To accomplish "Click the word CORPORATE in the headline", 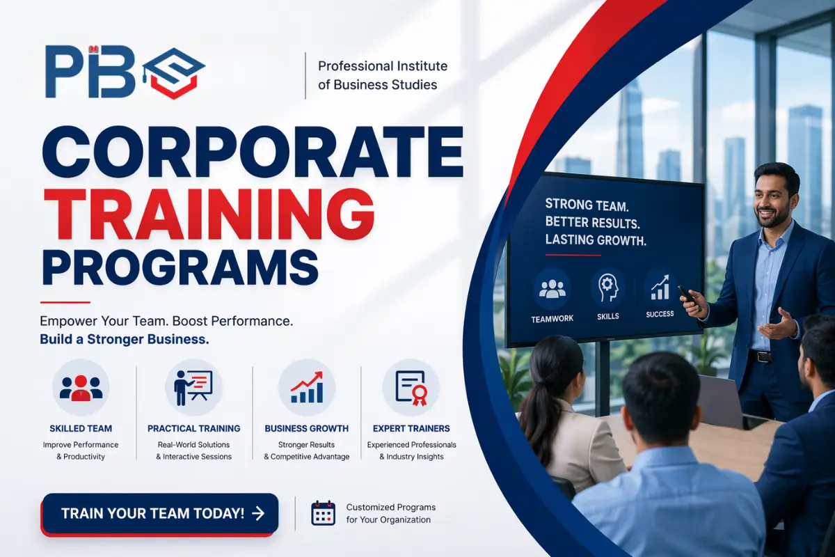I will click(252, 153).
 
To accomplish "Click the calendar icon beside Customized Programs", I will click(323, 513).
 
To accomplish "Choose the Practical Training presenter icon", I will click(193, 387).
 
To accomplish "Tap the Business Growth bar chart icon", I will click(306, 387).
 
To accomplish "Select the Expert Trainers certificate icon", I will click(411, 387).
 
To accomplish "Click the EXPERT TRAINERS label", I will click(411, 428).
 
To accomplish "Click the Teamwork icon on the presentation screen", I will click(552, 289).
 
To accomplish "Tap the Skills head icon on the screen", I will click(607, 288).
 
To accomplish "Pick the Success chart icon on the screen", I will click(660, 285).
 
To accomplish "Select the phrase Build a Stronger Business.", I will click(125, 340).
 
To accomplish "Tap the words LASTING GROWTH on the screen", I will click(596, 240).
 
